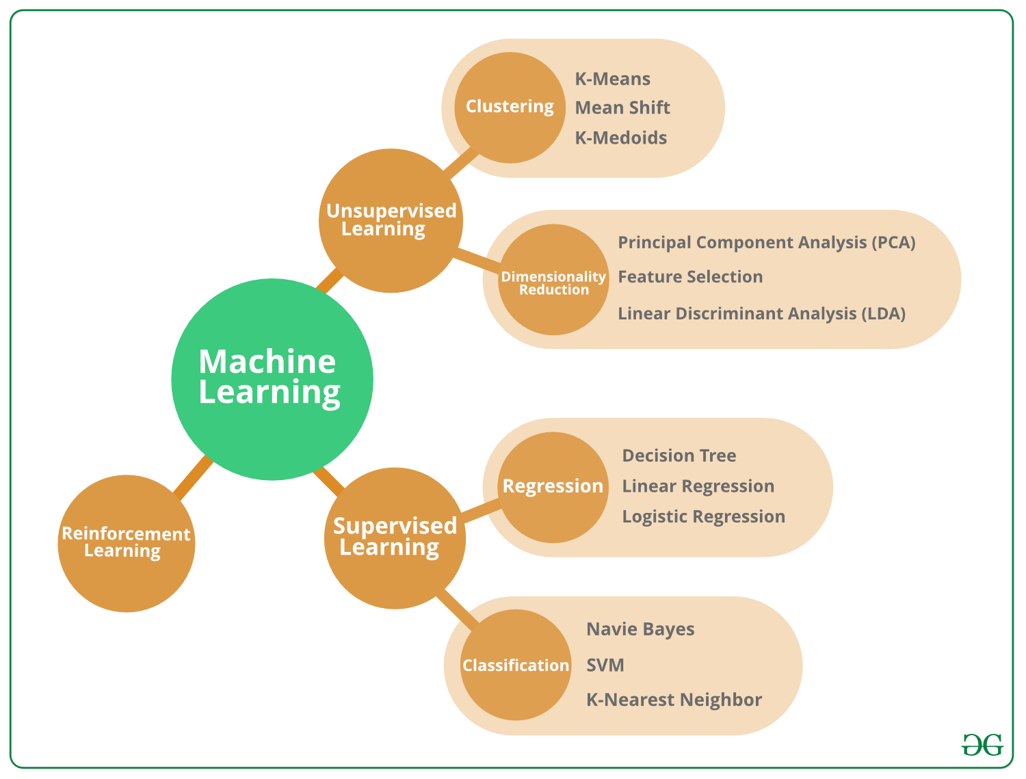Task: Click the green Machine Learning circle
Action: pos(272,379)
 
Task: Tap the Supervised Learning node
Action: pos(395,538)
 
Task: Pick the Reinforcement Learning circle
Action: pos(126,543)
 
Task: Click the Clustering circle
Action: pos(510,107)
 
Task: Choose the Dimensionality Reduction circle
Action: pos(553,280)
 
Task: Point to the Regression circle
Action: pos(553,487)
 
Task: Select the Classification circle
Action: pos(516,665)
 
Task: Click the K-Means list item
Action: pos(612,79)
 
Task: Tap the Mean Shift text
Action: pos(622,108)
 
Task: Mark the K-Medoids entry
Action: pos(620,137)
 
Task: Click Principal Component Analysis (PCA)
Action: pos(766,243)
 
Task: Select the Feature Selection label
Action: pos(690,277)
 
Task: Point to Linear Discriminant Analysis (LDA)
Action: pos(761,314)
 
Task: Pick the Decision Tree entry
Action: pos(679,455)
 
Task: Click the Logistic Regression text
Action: pos(703,516)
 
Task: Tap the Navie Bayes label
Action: pos(640,629)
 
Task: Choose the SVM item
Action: pos(605,665)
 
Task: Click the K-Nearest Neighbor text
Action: pos(674,700)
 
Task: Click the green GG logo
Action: pos(982,745)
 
